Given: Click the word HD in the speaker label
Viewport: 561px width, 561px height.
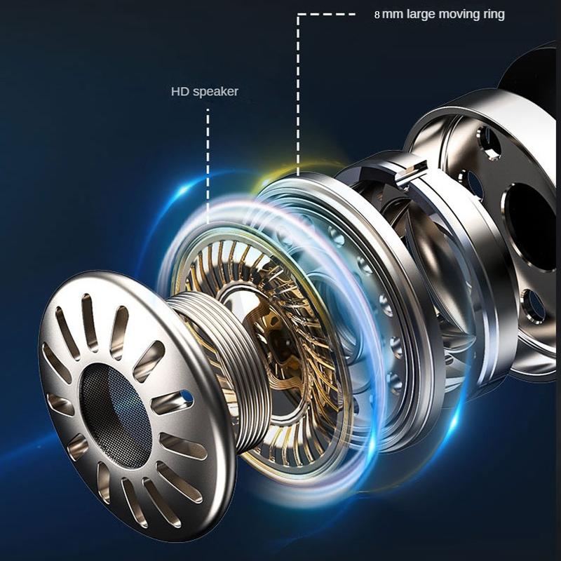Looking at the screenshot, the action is (180, 91).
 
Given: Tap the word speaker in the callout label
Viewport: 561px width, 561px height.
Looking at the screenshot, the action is (215, 92).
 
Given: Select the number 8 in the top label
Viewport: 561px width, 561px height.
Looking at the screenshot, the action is (377, 15).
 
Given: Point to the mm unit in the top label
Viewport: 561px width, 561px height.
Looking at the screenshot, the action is (393, 15).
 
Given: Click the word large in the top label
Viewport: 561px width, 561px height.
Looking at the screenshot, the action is (421, 15).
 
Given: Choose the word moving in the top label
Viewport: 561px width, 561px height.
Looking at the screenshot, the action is (459, 15).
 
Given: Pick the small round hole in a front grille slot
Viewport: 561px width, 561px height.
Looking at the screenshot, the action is (187, 396).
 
